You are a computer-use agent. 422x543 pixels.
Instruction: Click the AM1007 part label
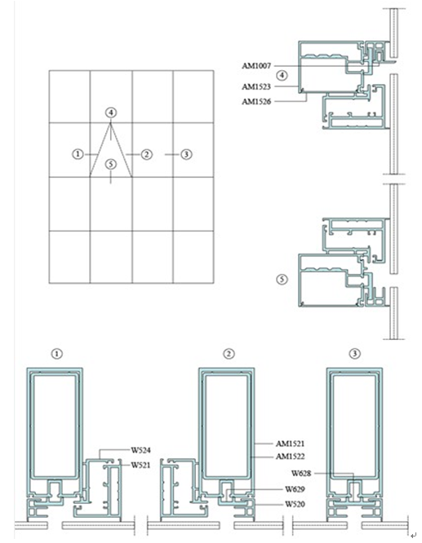(x=256, y=66)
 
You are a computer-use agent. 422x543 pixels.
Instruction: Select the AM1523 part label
(x=256, y=86)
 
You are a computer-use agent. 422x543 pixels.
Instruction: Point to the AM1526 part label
(x=256, y=102)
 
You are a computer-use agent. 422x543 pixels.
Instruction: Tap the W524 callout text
(x=140, y=450)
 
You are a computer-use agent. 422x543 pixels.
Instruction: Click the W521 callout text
(x=140, y=465)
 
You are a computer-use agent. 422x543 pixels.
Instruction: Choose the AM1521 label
(x=291, y=444)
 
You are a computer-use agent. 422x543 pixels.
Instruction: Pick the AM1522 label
(x=291, y=457)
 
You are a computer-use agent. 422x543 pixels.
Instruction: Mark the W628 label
(x=301, y=474)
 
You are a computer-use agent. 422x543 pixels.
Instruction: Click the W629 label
(x=295, y=489)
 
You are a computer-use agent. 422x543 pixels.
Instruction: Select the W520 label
(x=295, y=504)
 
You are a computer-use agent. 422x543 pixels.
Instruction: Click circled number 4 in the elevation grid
(x=111, y=113)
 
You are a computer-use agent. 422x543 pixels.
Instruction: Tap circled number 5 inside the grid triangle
(x=111, y=164)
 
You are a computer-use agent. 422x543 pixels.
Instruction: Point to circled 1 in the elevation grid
(x=78, y=154)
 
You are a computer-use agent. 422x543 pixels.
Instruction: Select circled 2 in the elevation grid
(x=147, y=154)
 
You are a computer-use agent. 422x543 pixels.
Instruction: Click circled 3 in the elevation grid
(x=187, y=154)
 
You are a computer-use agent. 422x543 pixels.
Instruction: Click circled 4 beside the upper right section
(x=282, y=75)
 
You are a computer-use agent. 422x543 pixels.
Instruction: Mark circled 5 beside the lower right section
(x=282, y=279)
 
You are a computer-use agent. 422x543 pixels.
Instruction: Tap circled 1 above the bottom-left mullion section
(x=57, y=354)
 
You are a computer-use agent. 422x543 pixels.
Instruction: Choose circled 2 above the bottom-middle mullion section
(x=229, y=354)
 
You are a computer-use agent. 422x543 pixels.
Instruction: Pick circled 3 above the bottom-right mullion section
(x=355, y=354)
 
